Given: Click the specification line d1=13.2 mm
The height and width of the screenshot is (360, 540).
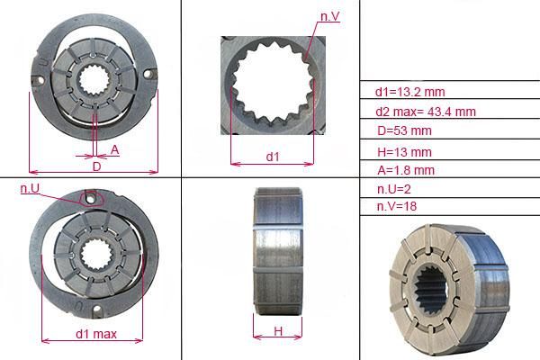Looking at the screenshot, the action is click(x=409, y=92).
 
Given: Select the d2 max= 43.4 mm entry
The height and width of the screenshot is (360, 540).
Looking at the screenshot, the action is click(x=426, y=112).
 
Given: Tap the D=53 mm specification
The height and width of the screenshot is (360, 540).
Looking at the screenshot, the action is click(x=404, y=130).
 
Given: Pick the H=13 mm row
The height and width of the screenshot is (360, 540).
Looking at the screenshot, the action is click(x=404, y=152).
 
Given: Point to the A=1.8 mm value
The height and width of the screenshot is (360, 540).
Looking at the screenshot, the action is click(x=406, y=170).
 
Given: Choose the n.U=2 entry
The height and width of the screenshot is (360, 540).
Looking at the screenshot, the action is click(x=394, y=189).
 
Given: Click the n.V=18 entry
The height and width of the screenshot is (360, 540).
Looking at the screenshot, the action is click(x=397, y=206).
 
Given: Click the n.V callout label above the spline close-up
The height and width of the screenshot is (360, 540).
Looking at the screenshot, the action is click(x=330, y=16).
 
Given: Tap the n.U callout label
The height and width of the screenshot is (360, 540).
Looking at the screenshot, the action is click(x=30, y=188).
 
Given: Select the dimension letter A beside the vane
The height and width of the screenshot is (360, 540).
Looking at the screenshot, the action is click(x=114, y=150).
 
